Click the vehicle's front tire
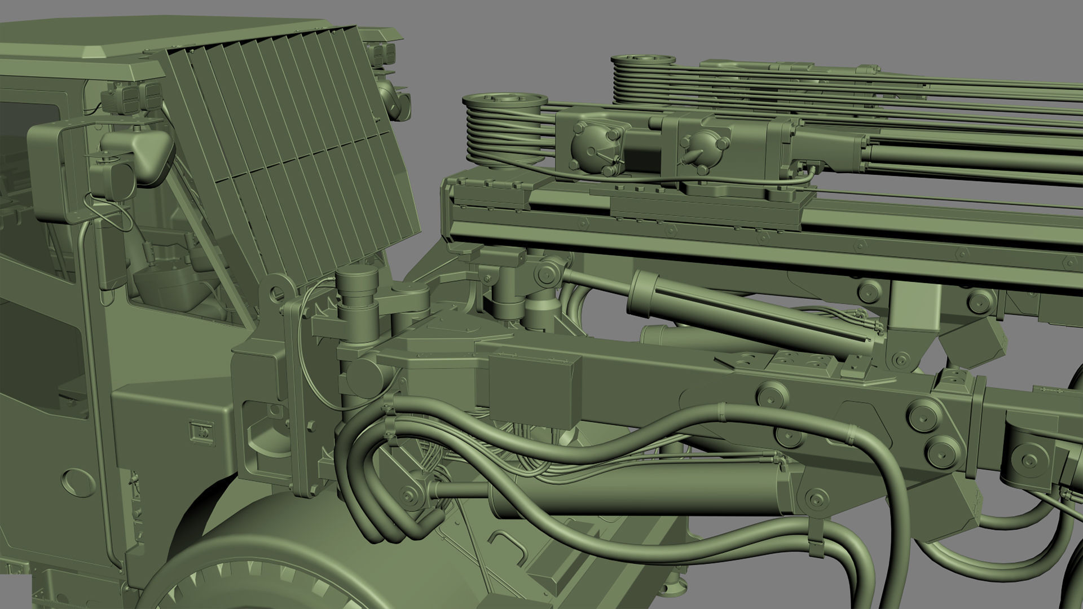point(271,564)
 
